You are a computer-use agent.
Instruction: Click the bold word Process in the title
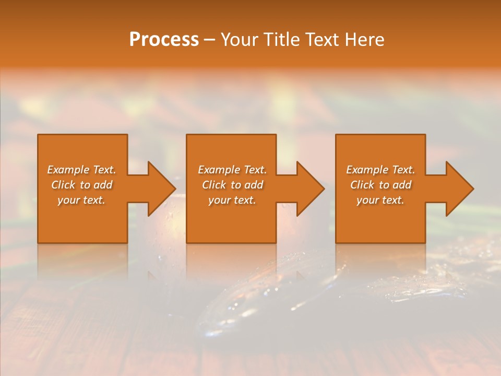tap(164, 40)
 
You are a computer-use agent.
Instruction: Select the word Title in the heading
tap(283, 40)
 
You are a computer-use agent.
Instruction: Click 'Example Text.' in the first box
tap(81, 170)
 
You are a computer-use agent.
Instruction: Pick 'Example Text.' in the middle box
tap(232, 170)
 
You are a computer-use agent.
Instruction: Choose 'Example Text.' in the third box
tap(380, 170)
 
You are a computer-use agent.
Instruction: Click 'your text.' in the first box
tap(81, 200)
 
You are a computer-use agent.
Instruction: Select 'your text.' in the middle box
tap(232, 200)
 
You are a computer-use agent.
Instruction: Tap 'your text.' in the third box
tap(380, 200)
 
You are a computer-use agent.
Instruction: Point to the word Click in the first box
tap(63, 185)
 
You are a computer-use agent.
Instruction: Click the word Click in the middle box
tap(214, 185)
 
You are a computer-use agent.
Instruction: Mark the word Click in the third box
tap(362, 185)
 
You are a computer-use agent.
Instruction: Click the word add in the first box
tap(103, 185)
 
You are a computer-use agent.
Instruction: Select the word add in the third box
tap(402, 185)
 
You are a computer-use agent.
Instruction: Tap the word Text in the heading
tap(321, 40)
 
